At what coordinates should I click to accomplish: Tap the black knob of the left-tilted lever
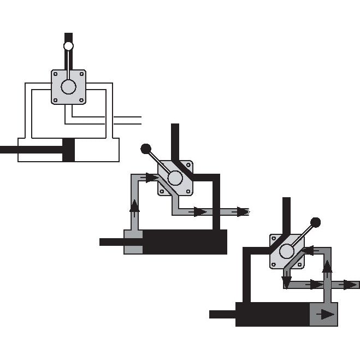point(145,148)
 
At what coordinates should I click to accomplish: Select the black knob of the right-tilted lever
point(315,222)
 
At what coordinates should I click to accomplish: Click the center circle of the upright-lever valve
point(69,87)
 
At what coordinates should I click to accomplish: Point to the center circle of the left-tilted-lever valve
point(175,178)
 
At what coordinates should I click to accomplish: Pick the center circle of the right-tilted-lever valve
point(287,251)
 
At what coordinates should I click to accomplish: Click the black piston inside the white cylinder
point(68,150)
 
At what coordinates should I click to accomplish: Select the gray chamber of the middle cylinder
point(133,242)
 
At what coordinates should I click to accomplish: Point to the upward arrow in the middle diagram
point(134,206)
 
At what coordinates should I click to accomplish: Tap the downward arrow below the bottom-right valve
point(286,281)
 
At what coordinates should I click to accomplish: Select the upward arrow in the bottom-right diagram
point(327,267)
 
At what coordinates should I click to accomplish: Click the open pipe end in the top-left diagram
point(140,119)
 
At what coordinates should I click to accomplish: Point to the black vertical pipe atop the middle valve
point(175,142)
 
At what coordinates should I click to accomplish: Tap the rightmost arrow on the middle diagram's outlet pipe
point(240,211)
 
